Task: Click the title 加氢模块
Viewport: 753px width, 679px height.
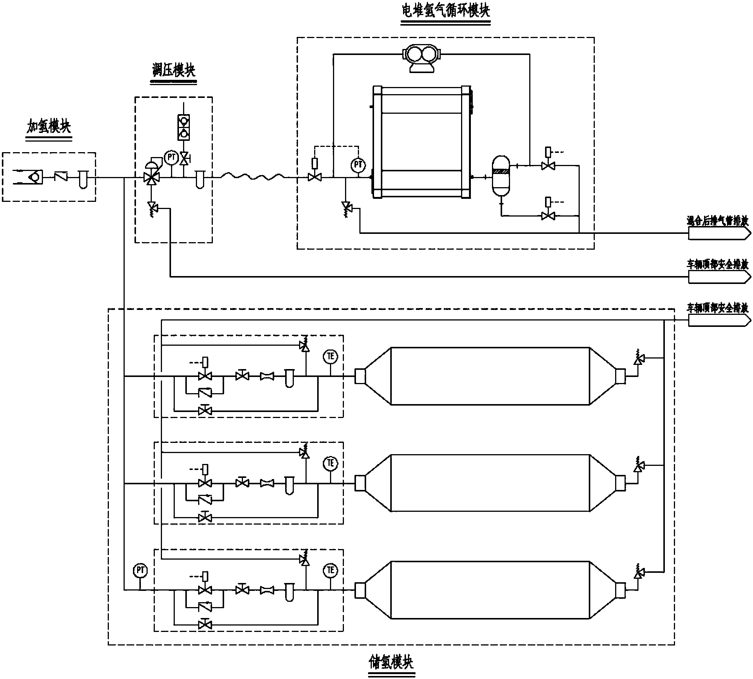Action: [49, 127]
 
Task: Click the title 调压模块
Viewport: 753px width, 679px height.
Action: [173, 70]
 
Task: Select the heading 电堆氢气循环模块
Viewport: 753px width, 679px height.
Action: [445, 11]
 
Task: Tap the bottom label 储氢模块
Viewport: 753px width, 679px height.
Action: [391, 662]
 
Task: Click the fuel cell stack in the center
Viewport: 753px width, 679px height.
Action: [422, 142]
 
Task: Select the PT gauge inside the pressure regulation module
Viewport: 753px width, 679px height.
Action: [171, 157]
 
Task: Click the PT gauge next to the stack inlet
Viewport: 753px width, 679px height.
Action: [358, 164]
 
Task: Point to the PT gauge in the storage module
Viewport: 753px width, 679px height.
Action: [140, 571]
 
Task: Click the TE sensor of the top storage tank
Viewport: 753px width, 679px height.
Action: [330, 356]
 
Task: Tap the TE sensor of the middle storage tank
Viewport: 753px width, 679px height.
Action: [330, 463]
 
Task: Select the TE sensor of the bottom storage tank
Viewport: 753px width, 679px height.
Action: [330, 570]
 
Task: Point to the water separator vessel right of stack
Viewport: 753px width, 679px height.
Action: [501, 176]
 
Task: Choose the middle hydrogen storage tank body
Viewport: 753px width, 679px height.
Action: [490, 483]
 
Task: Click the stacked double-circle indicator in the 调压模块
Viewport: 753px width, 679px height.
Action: [184, 127]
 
